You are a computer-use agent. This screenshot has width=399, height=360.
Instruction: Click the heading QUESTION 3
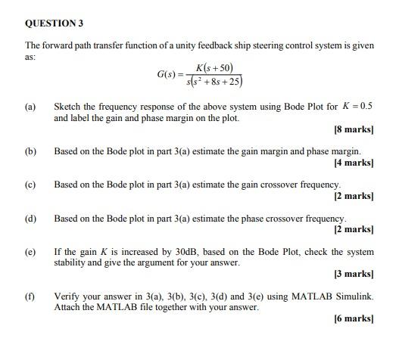pyautogui.click(x=53, y=23)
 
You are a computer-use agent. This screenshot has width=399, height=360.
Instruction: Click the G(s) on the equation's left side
pyautogui.click(x=167, y=75)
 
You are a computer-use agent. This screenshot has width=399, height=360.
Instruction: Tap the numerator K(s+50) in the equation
pyautogui.click(x=215, y=68)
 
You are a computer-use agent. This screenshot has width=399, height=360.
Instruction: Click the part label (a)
pyautogui.click(x=30, y=107)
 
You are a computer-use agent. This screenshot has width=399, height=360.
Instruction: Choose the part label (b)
pyautogui.click(x=30, y=151)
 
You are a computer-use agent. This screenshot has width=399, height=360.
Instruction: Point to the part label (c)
pyautogui.click(x=30, y=185)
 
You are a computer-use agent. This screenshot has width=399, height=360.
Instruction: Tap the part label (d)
pyautogui.click(x=30, y=219)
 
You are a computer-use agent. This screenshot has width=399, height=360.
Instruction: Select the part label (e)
pyautogui.click(x=30, y=252)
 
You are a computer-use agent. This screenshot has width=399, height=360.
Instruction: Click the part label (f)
pyautogui.click(x=30, y=296)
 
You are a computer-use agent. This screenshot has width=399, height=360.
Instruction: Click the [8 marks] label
pyautogui.click(x=354, y=130)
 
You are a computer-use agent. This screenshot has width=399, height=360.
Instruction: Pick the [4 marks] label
pyautogui.click(x=354, y=163)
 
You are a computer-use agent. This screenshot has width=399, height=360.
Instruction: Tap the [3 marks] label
pyautogui.click(x=354, y=274)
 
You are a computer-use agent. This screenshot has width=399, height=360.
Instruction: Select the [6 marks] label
pyautogui.click(x=354, y=318)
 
